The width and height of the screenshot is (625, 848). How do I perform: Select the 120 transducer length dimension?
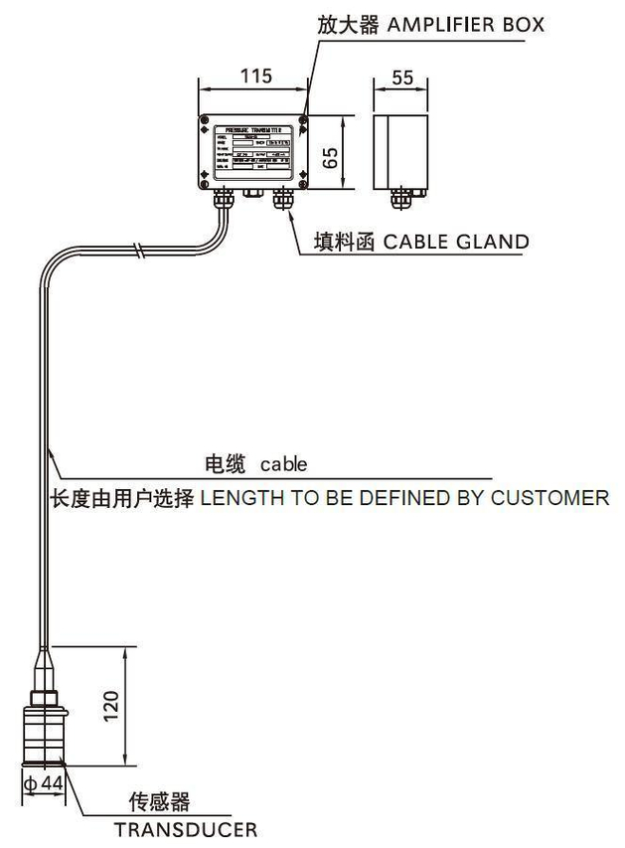pyautogui.click(x=111, y=705)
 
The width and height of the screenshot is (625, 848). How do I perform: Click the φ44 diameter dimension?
pyautogui.click(x=44, y=785)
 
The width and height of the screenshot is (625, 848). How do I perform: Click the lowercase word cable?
pyautogui.click(x=283, y=464)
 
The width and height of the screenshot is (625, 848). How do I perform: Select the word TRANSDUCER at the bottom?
pyautogui.click(x=185, y=828)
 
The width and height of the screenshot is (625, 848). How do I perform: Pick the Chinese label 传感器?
pyautogui.click(x=159, y=801)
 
